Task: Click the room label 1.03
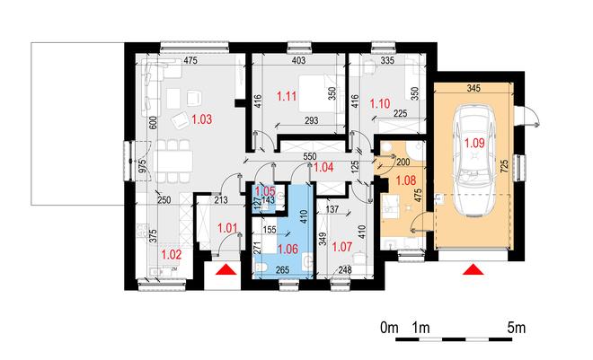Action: pyautogui.click(x=202, y=119)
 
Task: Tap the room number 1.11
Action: pyautogui.click(x=287, y=96)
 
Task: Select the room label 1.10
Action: pyautogui.click(x=380, y=103)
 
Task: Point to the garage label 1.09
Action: pyautogui.click(x=474, y=143)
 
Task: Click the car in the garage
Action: pyautogui.click(x=475, y=162)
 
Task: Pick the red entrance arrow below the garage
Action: pyautogui.click(x=471, y=270)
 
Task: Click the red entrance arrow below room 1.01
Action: pyautogui.click(x=226, y=269)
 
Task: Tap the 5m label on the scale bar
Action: pyautogui.click(x=517, y=328)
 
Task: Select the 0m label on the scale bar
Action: pyautogui.click(x=390, y=328)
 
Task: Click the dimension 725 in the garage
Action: pyautogui.click(x=505, y=167)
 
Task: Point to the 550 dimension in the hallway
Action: pyautogui.click(x=309, y=156)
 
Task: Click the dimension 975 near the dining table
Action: pyautogui.click(x=142, y=166)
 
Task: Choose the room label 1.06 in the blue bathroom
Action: pyautogui.click(x=288, y=250)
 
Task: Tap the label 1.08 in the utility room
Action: pyautogui.click(x=406, y=180)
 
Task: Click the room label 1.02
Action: pyautogui.click(x=172, y=255)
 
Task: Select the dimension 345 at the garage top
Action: pyautogui.click(x=474, y=88)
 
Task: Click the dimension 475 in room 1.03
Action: pyautogui.click(x=190, y=60)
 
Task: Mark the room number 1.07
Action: pyautogui.click(x=342, y=248)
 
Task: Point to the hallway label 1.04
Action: pyautogui.click(x=323, y=167)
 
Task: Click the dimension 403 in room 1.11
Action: pyautogui.click(x=299, y=60)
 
